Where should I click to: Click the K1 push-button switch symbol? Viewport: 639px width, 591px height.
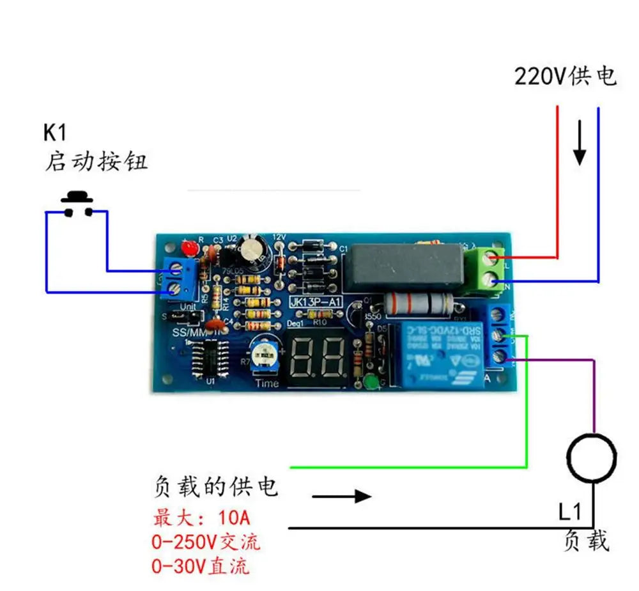click(x=77, y=203)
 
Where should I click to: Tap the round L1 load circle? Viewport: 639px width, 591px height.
click(x=592, y=457)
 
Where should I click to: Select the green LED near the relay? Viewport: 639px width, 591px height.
click(x=371, y=383)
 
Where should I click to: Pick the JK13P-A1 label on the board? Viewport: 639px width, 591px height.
click(x=314, y=302)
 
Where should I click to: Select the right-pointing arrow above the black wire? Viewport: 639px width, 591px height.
click(x=341, y=496)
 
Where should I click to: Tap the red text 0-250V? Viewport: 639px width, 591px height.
click(x=185, y=542)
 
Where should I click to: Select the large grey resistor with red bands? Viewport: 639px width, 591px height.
click(x=418, y=301)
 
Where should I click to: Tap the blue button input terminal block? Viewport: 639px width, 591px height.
click(x=180, y=279)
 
